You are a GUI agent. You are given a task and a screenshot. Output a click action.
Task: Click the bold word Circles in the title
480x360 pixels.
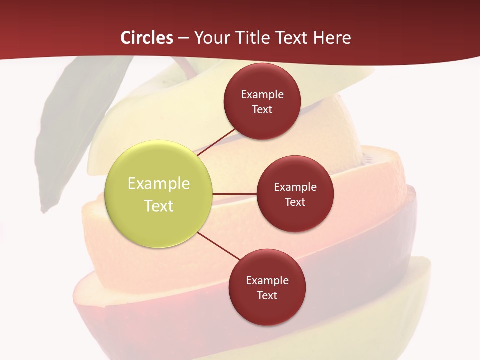click(146, 38)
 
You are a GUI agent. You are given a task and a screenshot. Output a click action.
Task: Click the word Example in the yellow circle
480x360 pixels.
click(158, 183)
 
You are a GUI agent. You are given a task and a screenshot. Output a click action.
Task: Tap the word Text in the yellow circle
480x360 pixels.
click(158, 206)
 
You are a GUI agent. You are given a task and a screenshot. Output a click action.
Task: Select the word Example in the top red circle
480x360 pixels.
click(262, 94)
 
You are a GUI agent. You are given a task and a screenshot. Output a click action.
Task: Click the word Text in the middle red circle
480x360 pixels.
click(295, 202)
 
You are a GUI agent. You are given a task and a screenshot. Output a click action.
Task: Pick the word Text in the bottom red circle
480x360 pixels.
click(267, 295)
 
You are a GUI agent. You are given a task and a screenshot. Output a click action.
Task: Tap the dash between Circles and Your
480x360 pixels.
click(183, 38)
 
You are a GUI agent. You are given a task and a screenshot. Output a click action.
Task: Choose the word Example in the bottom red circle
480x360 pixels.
click(267, 280)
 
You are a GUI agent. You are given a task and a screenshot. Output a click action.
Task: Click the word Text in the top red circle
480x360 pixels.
click(262, 109)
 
